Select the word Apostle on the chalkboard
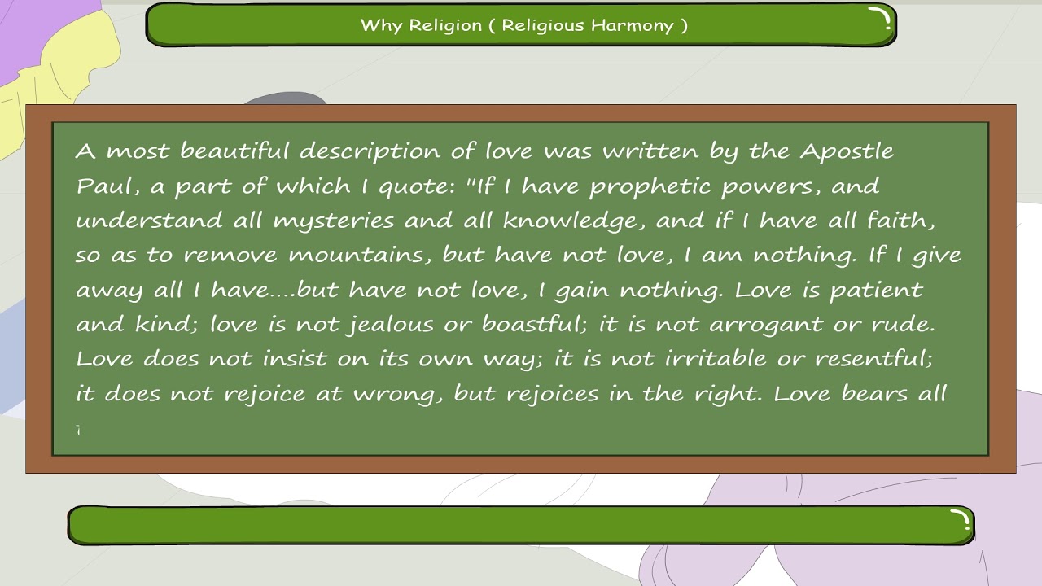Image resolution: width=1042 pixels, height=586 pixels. (x=847, y=152)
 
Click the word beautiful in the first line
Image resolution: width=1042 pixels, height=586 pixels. (x=234, y=151)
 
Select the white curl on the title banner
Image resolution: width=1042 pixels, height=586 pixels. (x=881, y=19)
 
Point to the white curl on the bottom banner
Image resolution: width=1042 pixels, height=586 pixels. (x=961, y=519)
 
